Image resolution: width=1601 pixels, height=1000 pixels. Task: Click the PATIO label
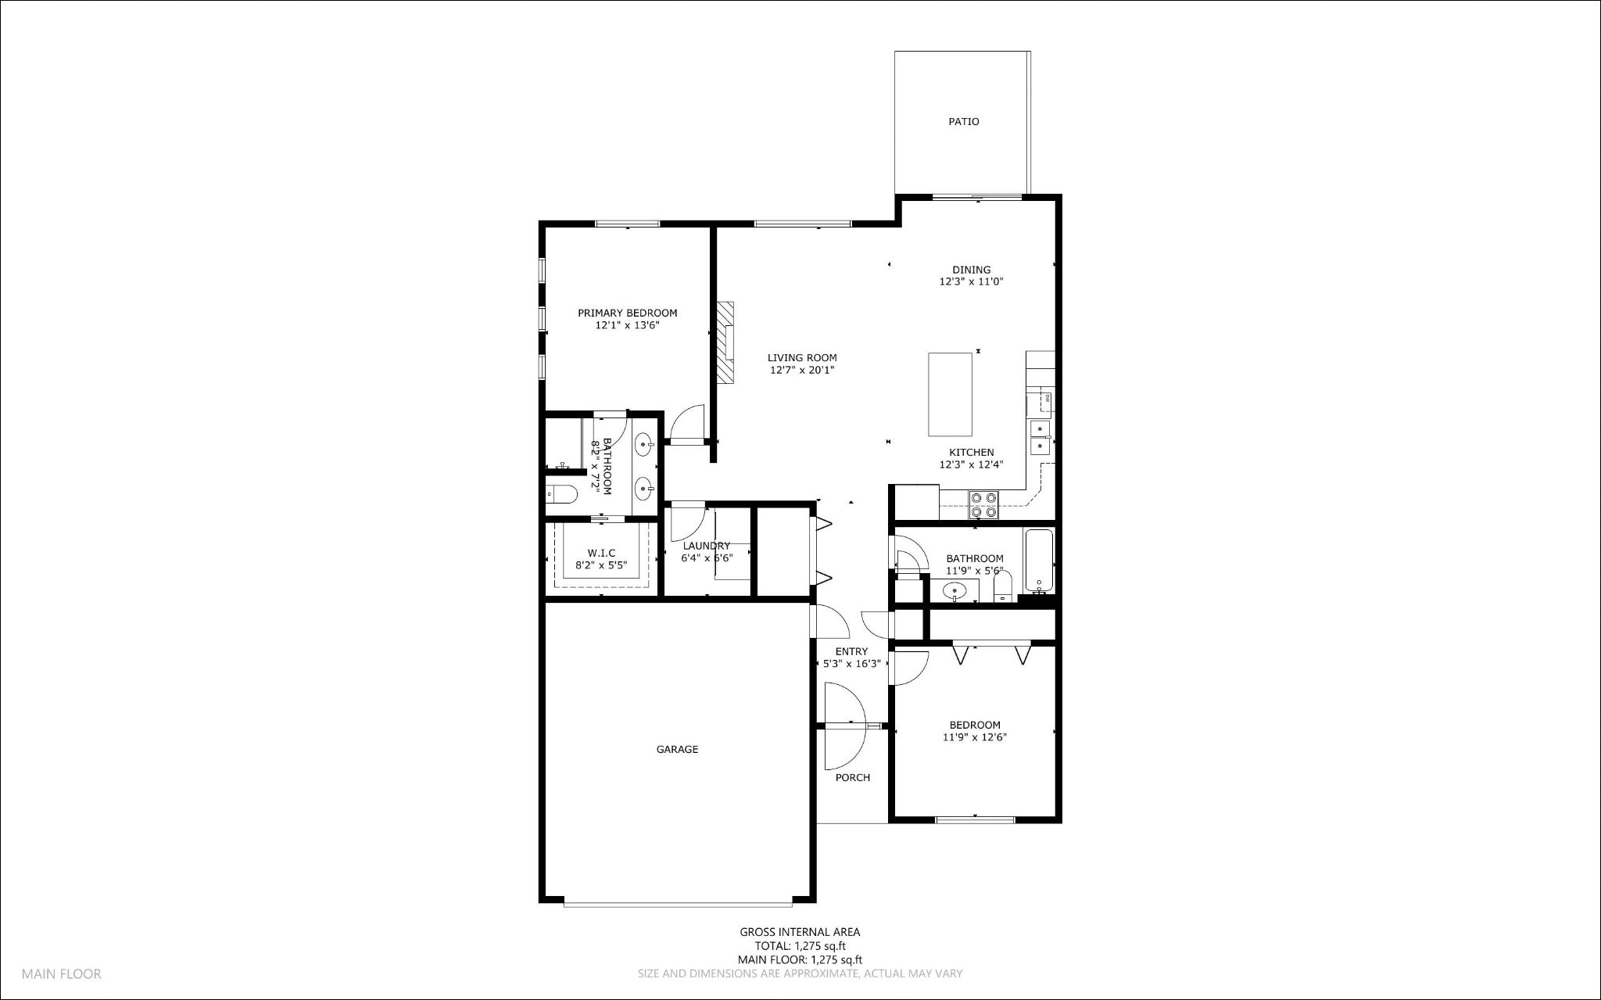tap(963, 122)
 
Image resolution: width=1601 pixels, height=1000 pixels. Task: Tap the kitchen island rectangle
tap(951, 394)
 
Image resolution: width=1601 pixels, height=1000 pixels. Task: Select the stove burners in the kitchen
tap(983, 504)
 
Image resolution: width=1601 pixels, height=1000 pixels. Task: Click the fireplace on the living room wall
tap(726, 342)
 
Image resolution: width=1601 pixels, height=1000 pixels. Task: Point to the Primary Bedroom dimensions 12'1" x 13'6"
tap(627, 325)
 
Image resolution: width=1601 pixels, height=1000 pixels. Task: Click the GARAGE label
tap(677, 749)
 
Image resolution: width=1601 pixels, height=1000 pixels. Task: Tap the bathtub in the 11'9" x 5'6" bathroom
tap(1039, 561)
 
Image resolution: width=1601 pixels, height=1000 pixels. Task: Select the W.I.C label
tap(601, 553)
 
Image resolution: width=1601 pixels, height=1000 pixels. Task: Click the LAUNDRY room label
tap(706, 546)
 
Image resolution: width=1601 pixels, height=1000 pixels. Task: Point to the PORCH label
tap(852, 777)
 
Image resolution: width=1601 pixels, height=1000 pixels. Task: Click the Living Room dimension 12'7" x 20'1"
tap(802, 371)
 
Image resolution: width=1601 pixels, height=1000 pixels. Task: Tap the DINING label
tap(971, 270)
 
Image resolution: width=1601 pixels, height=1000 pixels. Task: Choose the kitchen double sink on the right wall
tap(1040, 436)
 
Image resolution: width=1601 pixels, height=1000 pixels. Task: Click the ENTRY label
tap(851, 651)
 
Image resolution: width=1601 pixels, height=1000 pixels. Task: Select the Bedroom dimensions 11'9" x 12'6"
tap(974, 737)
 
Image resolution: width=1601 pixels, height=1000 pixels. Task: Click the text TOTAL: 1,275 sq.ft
tap(800, 945)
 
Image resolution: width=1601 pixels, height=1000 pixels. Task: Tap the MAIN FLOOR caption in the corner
tap(61, 974)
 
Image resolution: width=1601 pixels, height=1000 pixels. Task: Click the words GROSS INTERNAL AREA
tap(800, 931)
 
